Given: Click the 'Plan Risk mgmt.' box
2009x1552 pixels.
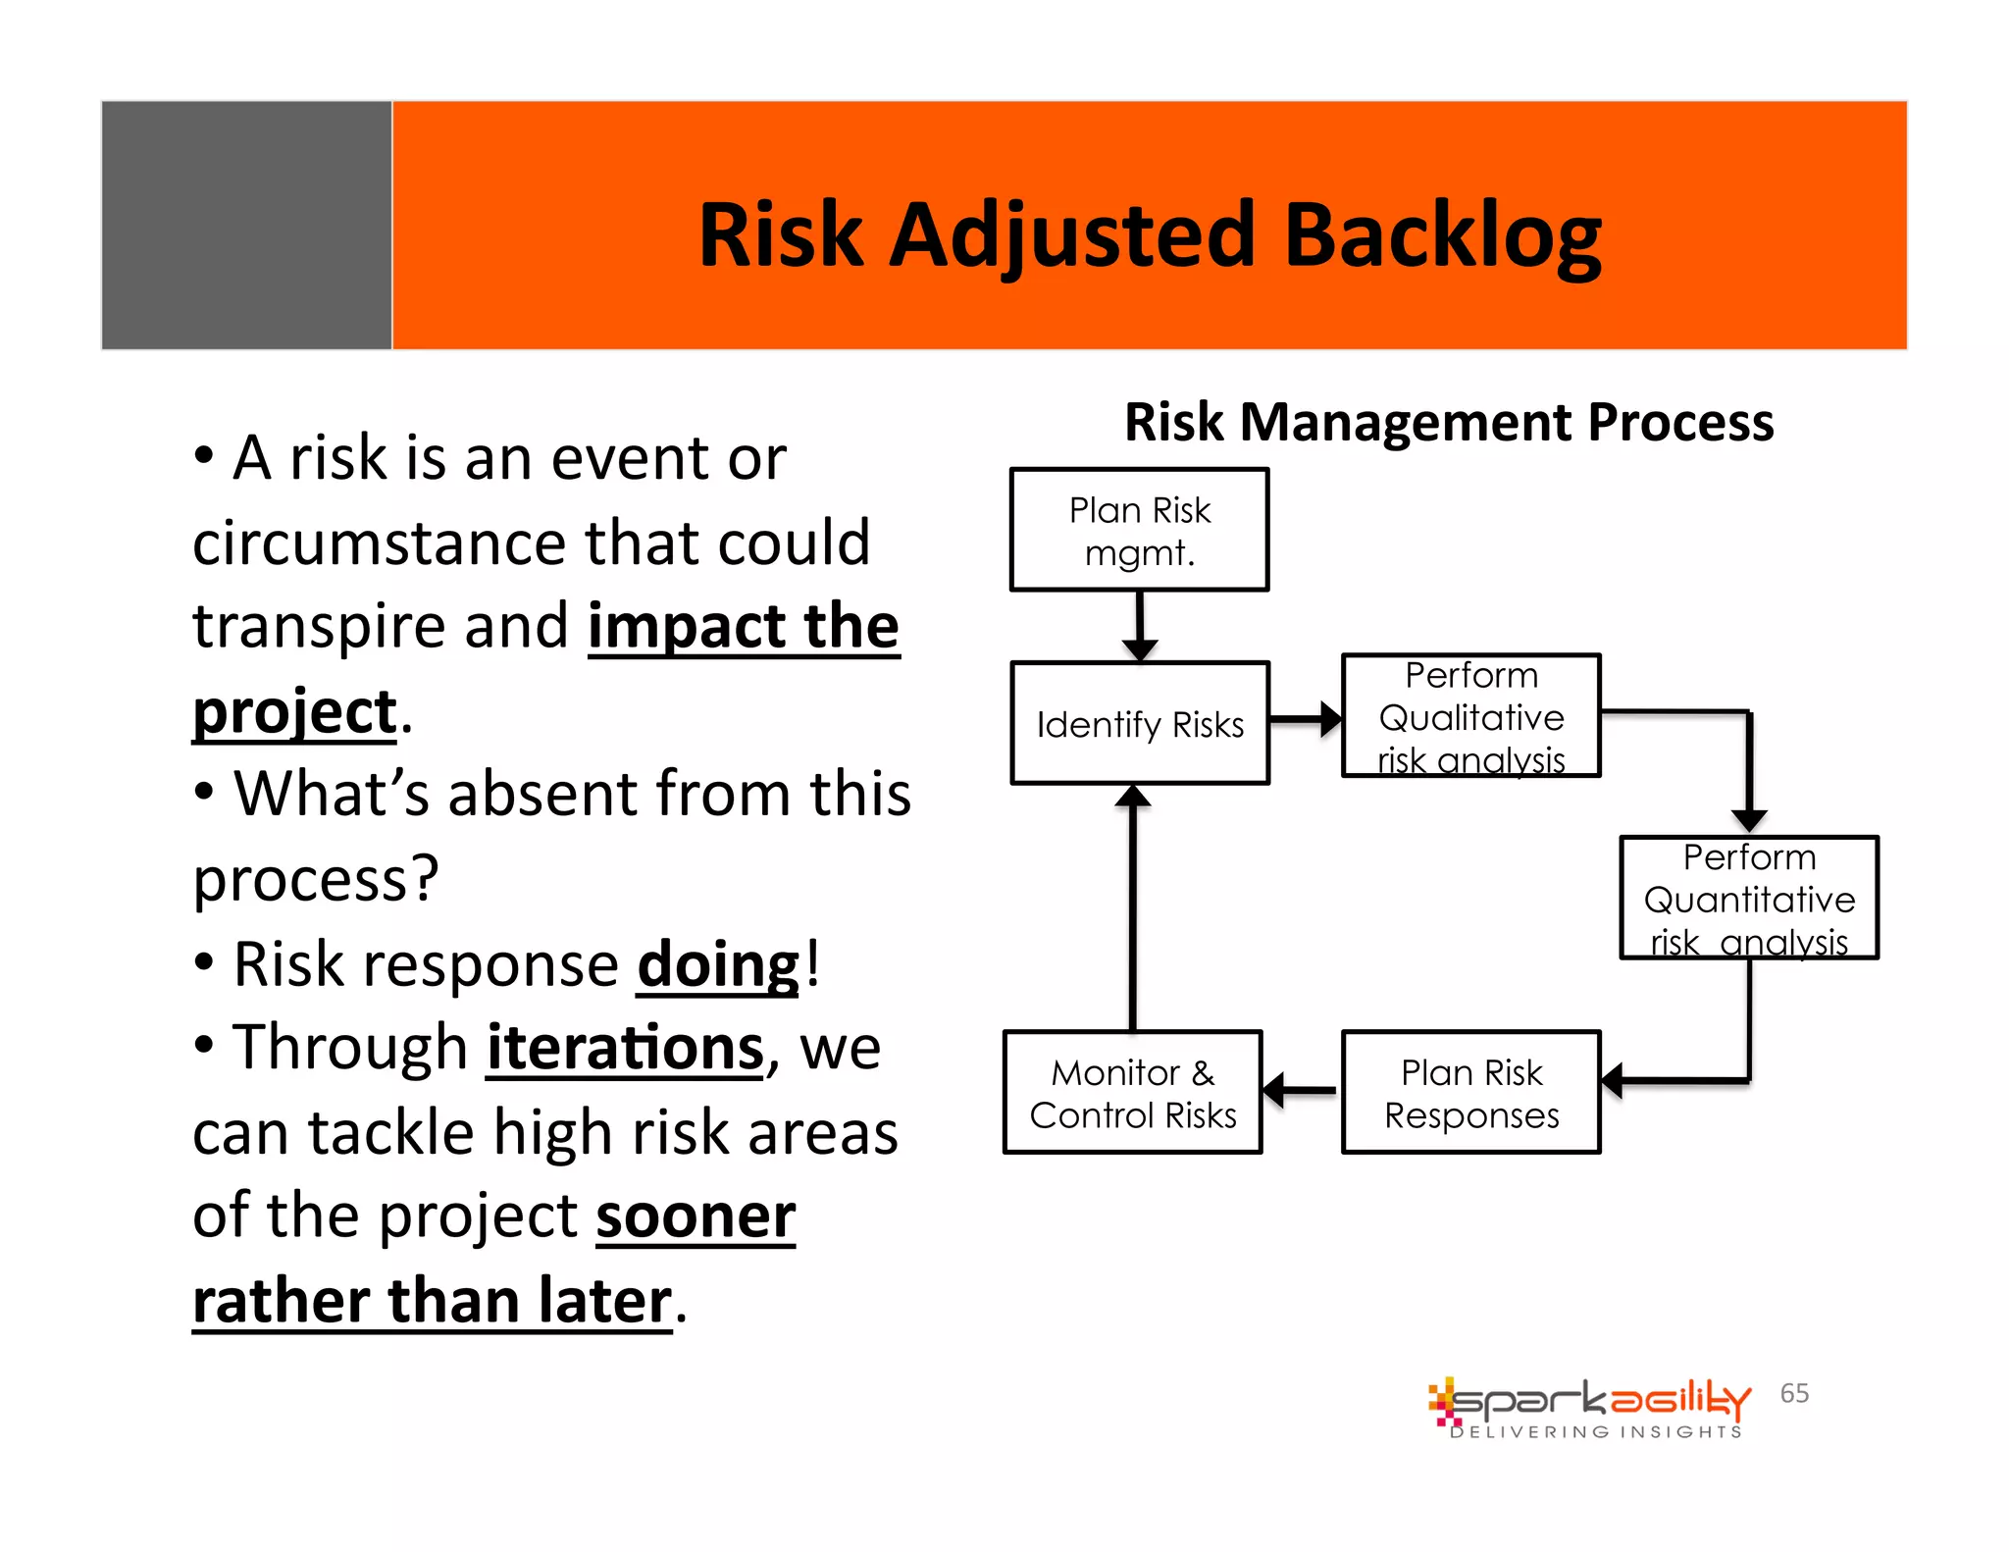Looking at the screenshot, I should pos(1139,530).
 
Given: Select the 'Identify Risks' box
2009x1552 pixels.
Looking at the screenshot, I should pos(1140,724).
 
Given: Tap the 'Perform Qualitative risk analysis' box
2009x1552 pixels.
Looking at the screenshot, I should pos(1470,716).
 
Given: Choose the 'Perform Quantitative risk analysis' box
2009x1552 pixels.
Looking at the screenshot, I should pos(1748,898).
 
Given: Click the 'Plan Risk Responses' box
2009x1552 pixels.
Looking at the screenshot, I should pos(1470,1093).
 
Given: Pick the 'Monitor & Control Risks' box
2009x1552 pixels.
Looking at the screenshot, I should pos(1132,1093).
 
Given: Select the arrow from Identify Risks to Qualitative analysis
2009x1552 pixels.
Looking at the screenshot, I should pos(1306,719).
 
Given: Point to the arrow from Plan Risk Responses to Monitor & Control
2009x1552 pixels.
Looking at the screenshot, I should pos(1301,1089).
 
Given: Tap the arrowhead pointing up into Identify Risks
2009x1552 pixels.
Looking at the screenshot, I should pos(1133,798).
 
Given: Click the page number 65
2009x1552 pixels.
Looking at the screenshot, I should pos(1794,1393).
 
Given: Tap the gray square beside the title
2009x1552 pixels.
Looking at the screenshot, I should pos(246,226).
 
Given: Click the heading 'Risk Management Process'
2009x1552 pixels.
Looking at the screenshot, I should pos(1449,423).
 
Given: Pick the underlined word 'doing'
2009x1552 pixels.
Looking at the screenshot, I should pos(718,965).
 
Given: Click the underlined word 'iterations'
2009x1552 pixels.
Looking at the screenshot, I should pos(625,1049).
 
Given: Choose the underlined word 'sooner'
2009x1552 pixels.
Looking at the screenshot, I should pos(695,1216).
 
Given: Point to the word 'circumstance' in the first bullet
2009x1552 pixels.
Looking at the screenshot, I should pos(380,543).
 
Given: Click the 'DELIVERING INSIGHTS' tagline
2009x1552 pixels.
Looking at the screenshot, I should pos(1596,1432).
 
